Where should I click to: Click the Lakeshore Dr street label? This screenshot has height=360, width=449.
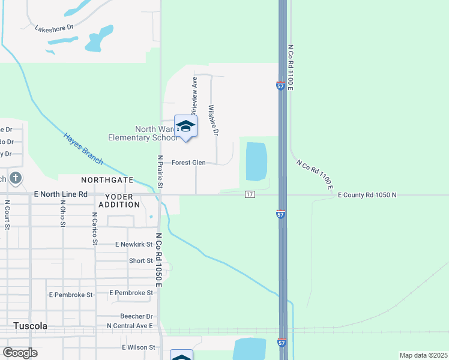coord(53,28)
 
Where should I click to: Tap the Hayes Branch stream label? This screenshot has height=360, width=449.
coord(83,148)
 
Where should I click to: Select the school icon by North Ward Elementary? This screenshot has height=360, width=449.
coord(185,127)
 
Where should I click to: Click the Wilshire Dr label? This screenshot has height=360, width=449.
coord(212,120)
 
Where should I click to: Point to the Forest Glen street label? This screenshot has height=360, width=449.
coord(188,163)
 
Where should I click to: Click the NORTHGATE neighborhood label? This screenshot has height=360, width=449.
coord(107,180)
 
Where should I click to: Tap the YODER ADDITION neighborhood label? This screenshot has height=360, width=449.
coord(122,200)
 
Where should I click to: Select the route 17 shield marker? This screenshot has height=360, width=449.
coord(250,194)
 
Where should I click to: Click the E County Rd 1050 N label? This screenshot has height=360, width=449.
coord(367,195)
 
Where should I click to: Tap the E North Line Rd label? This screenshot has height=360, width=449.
coord(61,194)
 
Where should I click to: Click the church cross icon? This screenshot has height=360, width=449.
coord(16,178)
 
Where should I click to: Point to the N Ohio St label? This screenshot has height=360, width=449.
coord(62,214)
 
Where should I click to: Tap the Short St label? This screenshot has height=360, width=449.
coord(141,261)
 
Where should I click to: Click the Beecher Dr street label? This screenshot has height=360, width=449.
coord(136,316)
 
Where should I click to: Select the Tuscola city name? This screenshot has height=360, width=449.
coord(31,326)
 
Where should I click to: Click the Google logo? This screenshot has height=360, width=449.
coord(20,353)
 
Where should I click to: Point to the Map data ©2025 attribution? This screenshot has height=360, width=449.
coord(423,355)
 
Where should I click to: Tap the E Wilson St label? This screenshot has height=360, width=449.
coord(139,347)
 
